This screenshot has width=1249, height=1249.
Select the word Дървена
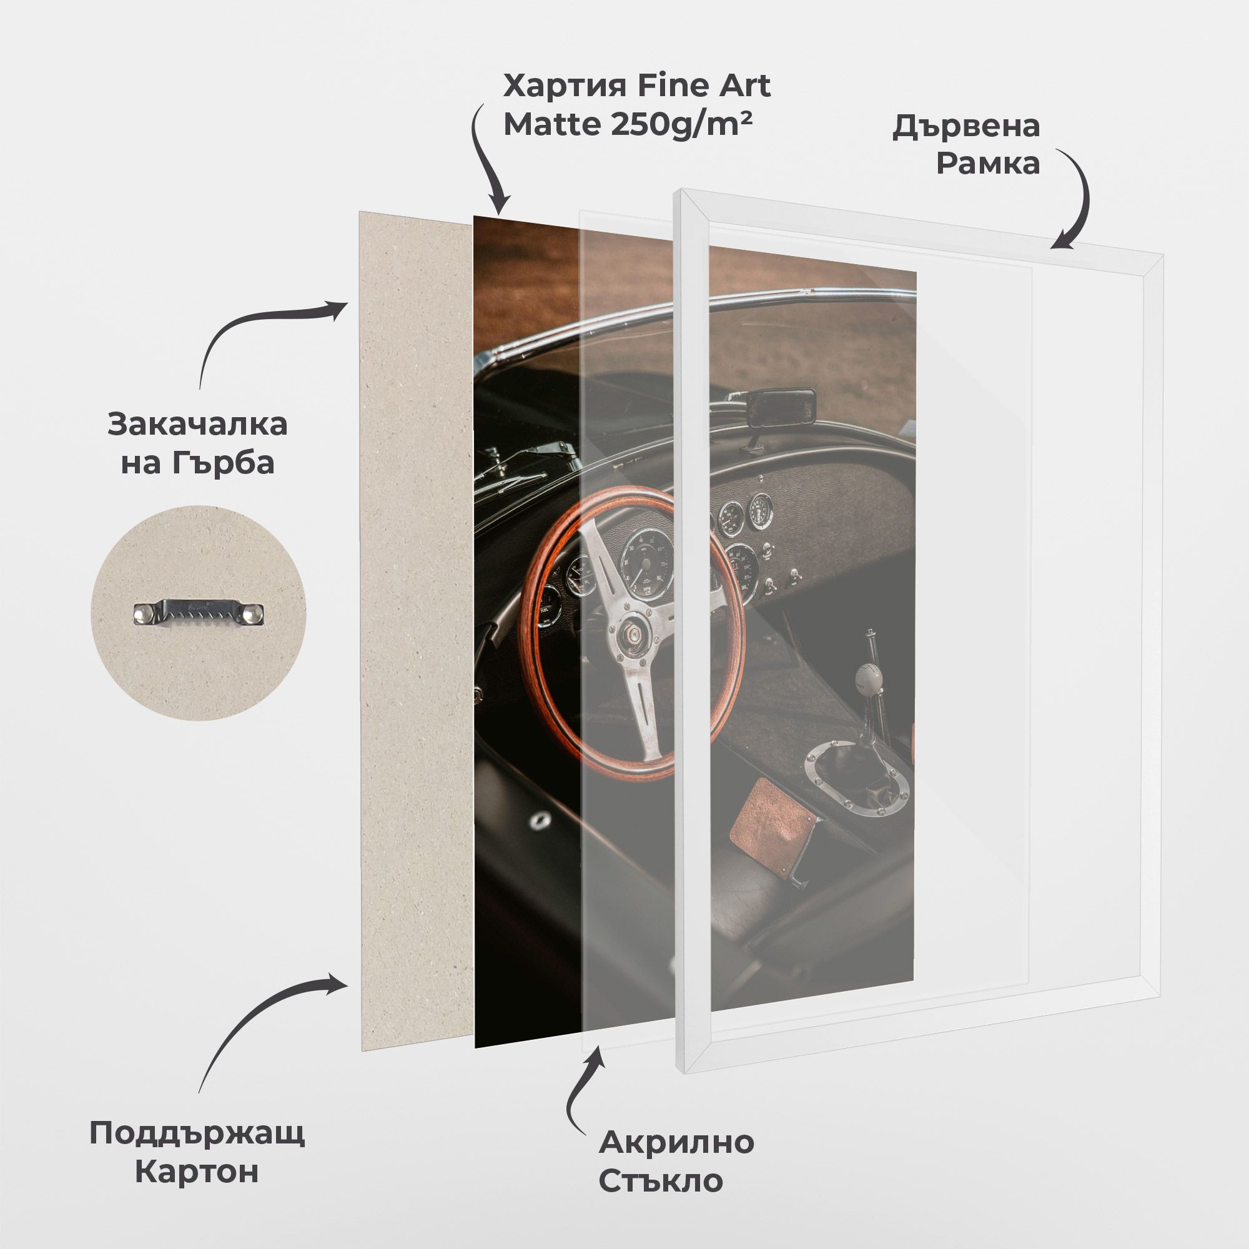tap(966, 126)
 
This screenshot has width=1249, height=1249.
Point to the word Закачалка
tap(197, 425)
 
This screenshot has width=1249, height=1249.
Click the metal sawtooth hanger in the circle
tap(199, 611)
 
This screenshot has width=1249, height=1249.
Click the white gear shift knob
tap(867, 678)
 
